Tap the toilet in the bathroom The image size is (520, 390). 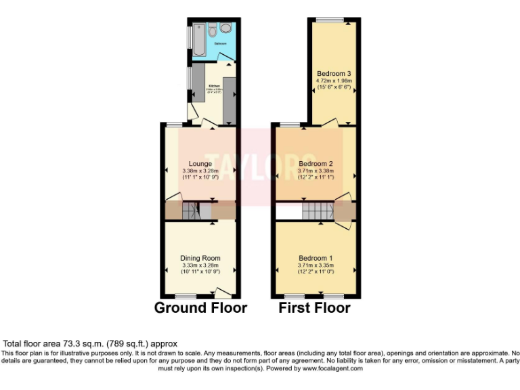click(213, 30)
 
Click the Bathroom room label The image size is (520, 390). click(221, 43)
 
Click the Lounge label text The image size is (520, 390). click(201, 164)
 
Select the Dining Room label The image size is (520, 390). click(200, 258)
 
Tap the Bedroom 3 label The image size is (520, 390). click(334, 73)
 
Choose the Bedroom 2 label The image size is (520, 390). click(316, 164)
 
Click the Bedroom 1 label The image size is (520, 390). click(316, 258)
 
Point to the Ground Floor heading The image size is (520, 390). click(200, 308)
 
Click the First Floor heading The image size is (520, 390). click(315, 308)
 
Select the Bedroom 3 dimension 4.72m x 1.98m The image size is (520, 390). click(334, 81)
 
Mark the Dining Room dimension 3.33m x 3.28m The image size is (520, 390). click(200, 265)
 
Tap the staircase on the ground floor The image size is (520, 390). click(190, 213)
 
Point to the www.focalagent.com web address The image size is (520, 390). click(324, 369)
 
